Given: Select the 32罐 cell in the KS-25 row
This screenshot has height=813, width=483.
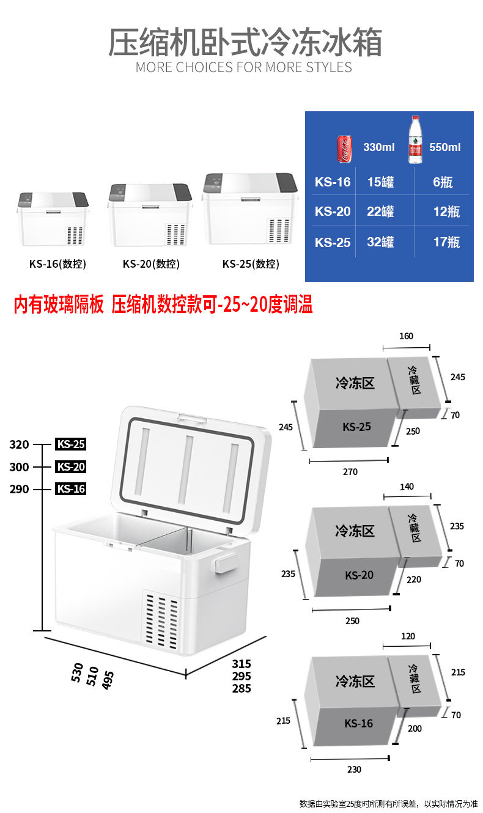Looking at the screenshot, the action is [380, 242].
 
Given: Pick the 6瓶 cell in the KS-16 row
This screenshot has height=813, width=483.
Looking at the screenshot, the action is [443, 182].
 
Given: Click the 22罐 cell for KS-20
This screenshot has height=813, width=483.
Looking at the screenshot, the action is [380, 212].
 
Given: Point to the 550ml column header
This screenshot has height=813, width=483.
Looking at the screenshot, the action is [445, 147].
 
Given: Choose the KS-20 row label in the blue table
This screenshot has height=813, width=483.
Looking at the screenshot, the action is [333, 212].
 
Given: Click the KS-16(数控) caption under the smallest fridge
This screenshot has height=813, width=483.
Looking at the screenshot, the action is [57, 264].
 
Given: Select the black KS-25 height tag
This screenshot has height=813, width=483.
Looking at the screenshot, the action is [71, 444].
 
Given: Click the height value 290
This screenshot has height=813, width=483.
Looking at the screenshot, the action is [19, 489].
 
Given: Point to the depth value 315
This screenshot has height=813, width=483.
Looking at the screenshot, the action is [242, 663].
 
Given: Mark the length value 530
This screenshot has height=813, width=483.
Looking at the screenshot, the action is [77, 672].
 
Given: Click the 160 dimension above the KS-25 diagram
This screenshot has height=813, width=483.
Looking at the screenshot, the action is [406, 336].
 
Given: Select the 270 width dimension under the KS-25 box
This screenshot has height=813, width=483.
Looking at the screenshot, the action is [350, 471].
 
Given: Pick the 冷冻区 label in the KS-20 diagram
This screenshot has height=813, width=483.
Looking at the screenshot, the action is [355, 531].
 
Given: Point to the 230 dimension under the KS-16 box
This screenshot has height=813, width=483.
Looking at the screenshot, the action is [354, 770].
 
